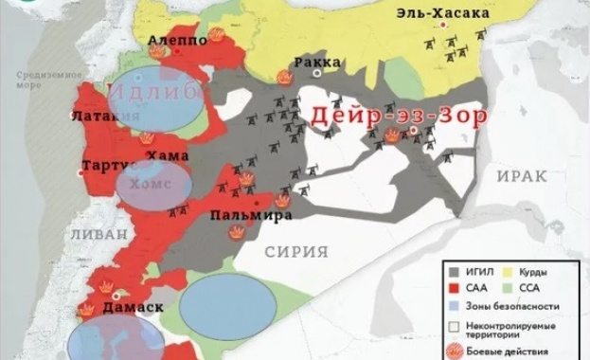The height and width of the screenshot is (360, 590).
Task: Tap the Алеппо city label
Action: (x=177, y=41)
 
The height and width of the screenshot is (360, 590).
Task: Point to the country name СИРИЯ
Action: (x=295, y=251)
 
